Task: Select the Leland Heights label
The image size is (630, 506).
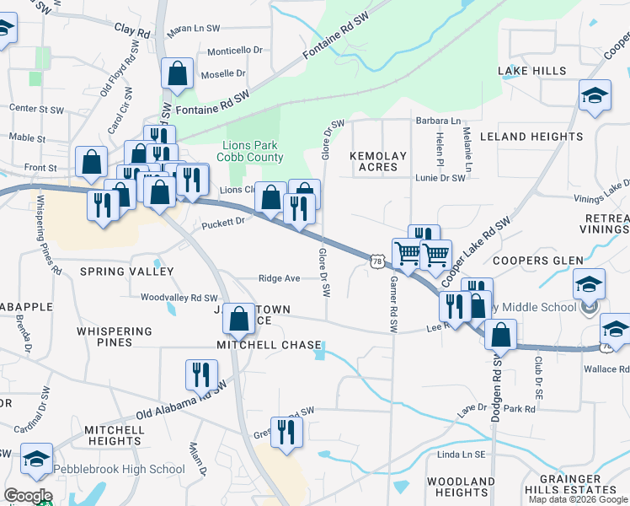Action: [x=531, y=136]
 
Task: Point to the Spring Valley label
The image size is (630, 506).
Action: [x=126, y=272]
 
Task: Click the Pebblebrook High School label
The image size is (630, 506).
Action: [x=119, y=469]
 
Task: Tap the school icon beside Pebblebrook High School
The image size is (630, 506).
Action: [x=36, y=460]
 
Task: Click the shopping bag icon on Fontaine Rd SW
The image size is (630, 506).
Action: [x=178, y=75]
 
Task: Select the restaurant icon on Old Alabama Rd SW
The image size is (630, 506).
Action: [x=201, y=374]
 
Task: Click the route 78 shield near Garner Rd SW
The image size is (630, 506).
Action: [x=376, y=263]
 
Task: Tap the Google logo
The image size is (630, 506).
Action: [x=27, y=496]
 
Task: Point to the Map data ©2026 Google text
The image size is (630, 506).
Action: [x=578, y=499]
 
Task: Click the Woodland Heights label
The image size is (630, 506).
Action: [x=461, y=487]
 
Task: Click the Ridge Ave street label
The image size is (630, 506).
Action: [x=280, y=278]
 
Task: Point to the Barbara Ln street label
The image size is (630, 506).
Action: [x=438, y=121]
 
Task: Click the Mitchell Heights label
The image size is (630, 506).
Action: [x=114, y=435]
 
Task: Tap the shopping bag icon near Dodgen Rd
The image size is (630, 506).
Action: [x=500, y=335]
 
